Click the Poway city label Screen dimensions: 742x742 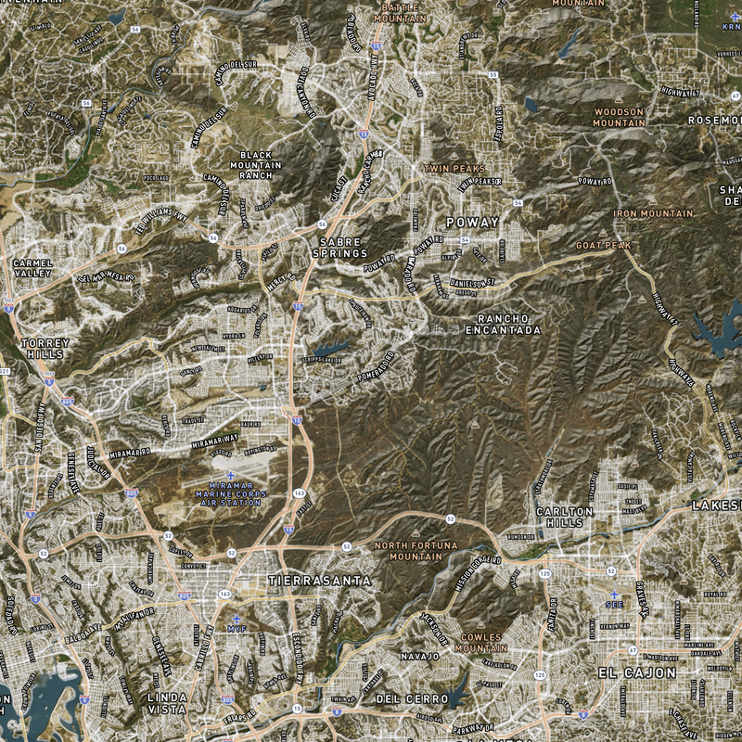point(472,223)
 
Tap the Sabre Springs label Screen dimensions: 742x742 point(339,247)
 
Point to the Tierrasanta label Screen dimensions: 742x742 point(319,581)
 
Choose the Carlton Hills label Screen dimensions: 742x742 point(564,517)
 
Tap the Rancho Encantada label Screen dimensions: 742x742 point(502,324)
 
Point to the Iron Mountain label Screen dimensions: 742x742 point(652,213)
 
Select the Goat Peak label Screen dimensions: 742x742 point(603,245)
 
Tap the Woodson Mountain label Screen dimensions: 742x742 point(619,117)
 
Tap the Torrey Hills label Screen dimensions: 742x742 point(44,348)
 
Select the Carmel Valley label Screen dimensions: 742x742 point(33,268)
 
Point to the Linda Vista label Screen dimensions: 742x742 point(167,702)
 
